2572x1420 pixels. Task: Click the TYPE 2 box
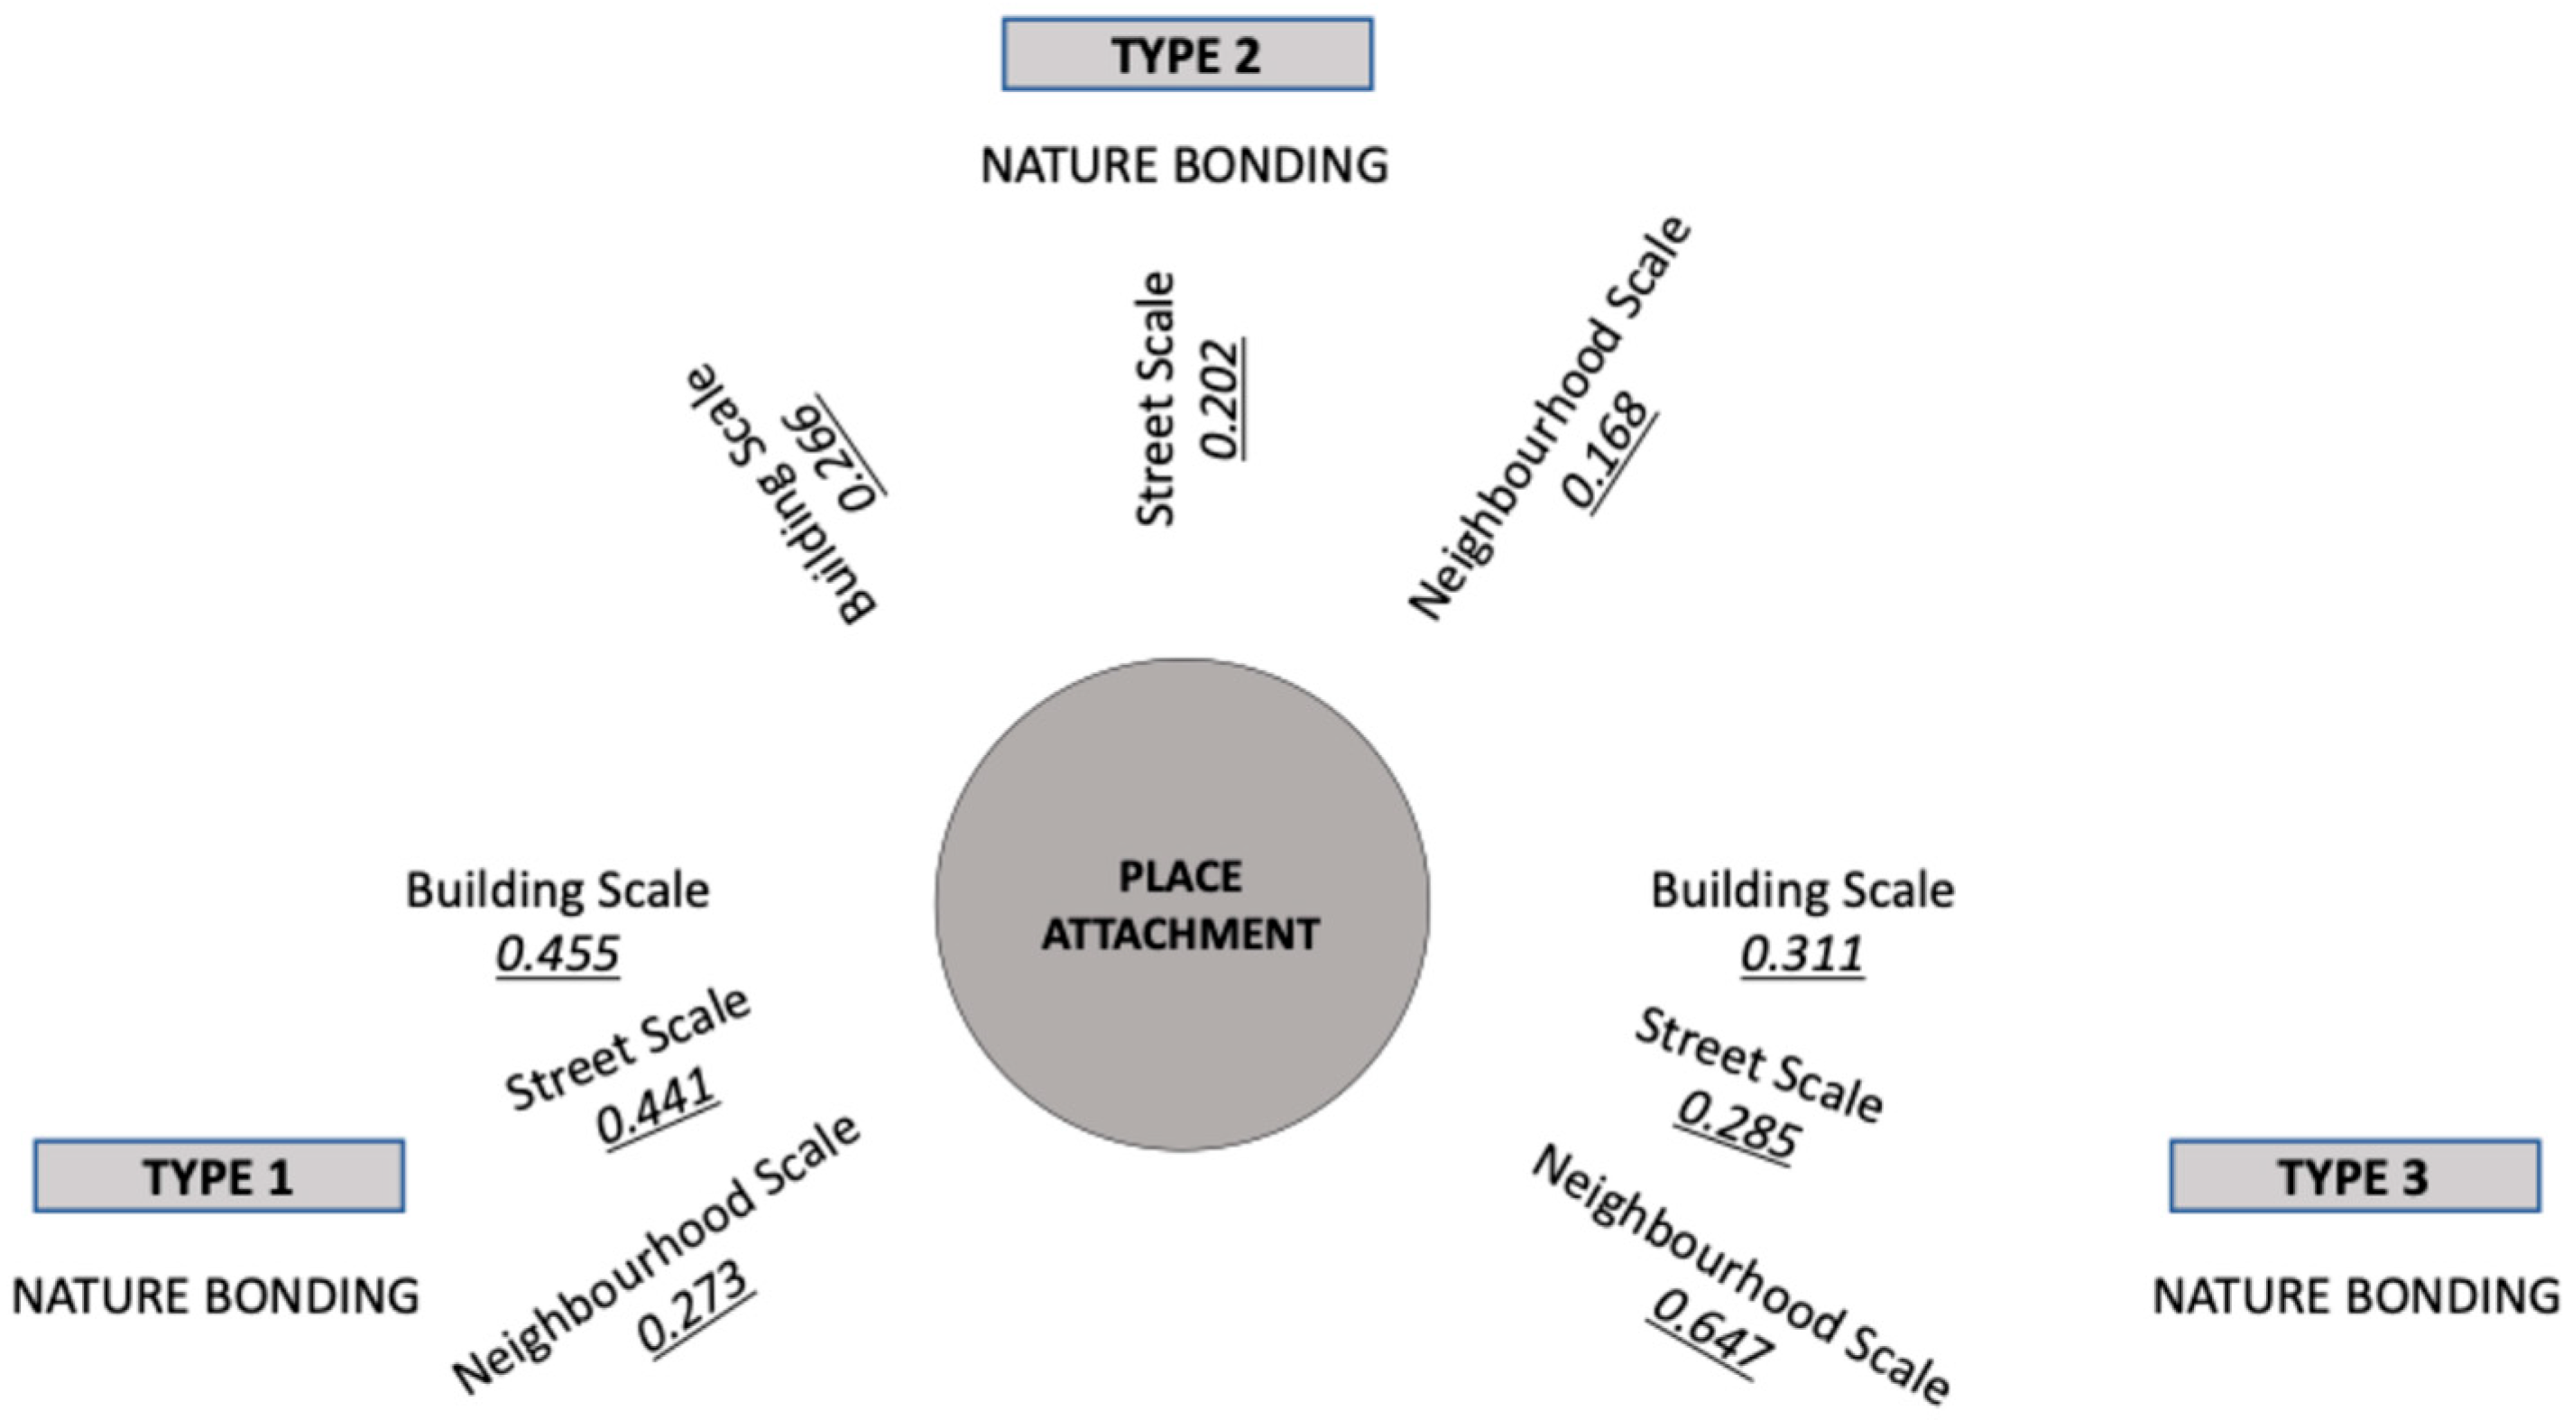(1187, 55)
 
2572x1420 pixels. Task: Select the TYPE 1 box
(218, 1176)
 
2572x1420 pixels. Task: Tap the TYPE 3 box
(2355, 1176)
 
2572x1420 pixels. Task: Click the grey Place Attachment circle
(1182, 905)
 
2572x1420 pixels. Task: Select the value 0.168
(1609, 451)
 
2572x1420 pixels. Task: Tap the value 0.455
(558, 954)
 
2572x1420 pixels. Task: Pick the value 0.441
(657, 1105)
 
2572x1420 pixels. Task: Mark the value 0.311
(1802, 954)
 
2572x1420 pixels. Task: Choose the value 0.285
(1738, 1124)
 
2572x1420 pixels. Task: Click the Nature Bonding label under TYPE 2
(1185, 165)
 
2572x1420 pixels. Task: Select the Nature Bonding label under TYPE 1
(216, 1296)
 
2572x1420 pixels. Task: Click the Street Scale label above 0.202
(1157, 398)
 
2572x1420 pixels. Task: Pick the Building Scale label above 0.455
(558, 890)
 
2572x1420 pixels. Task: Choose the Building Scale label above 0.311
(1802, 890)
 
